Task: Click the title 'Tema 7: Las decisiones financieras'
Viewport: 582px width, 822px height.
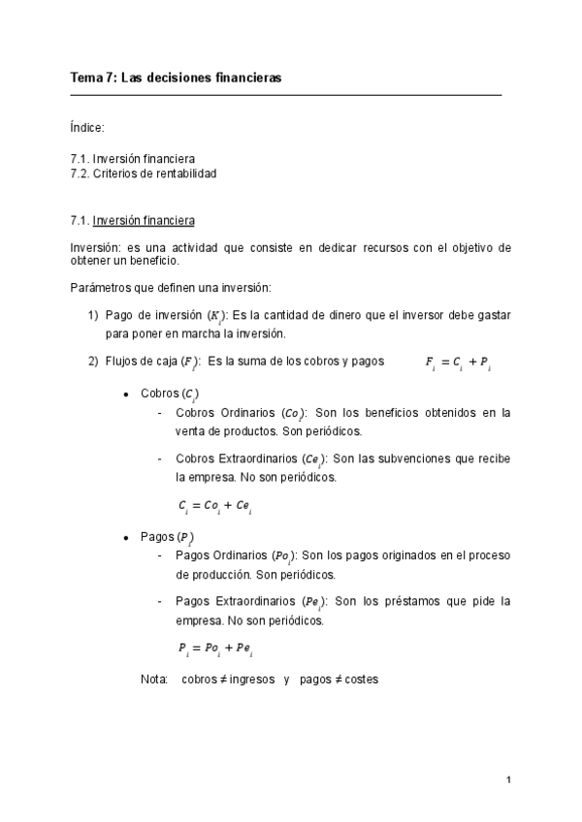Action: point(176,78)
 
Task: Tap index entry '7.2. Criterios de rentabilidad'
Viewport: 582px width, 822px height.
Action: point(143,174)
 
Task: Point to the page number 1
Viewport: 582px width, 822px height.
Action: point(507,779)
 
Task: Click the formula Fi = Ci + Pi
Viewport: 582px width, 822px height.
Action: point(458,364)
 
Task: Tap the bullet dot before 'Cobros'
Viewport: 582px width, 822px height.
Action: point(127,395)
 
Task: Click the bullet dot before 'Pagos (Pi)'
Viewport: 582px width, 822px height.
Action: point(127,537)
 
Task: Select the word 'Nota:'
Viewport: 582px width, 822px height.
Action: point(155,680)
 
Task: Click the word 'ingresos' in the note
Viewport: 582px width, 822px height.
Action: point(244,680)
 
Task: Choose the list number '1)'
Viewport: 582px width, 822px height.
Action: point(93,315)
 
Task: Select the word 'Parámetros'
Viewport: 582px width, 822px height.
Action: point(100,288)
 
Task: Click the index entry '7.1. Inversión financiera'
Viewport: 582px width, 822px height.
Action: point(133,159)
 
